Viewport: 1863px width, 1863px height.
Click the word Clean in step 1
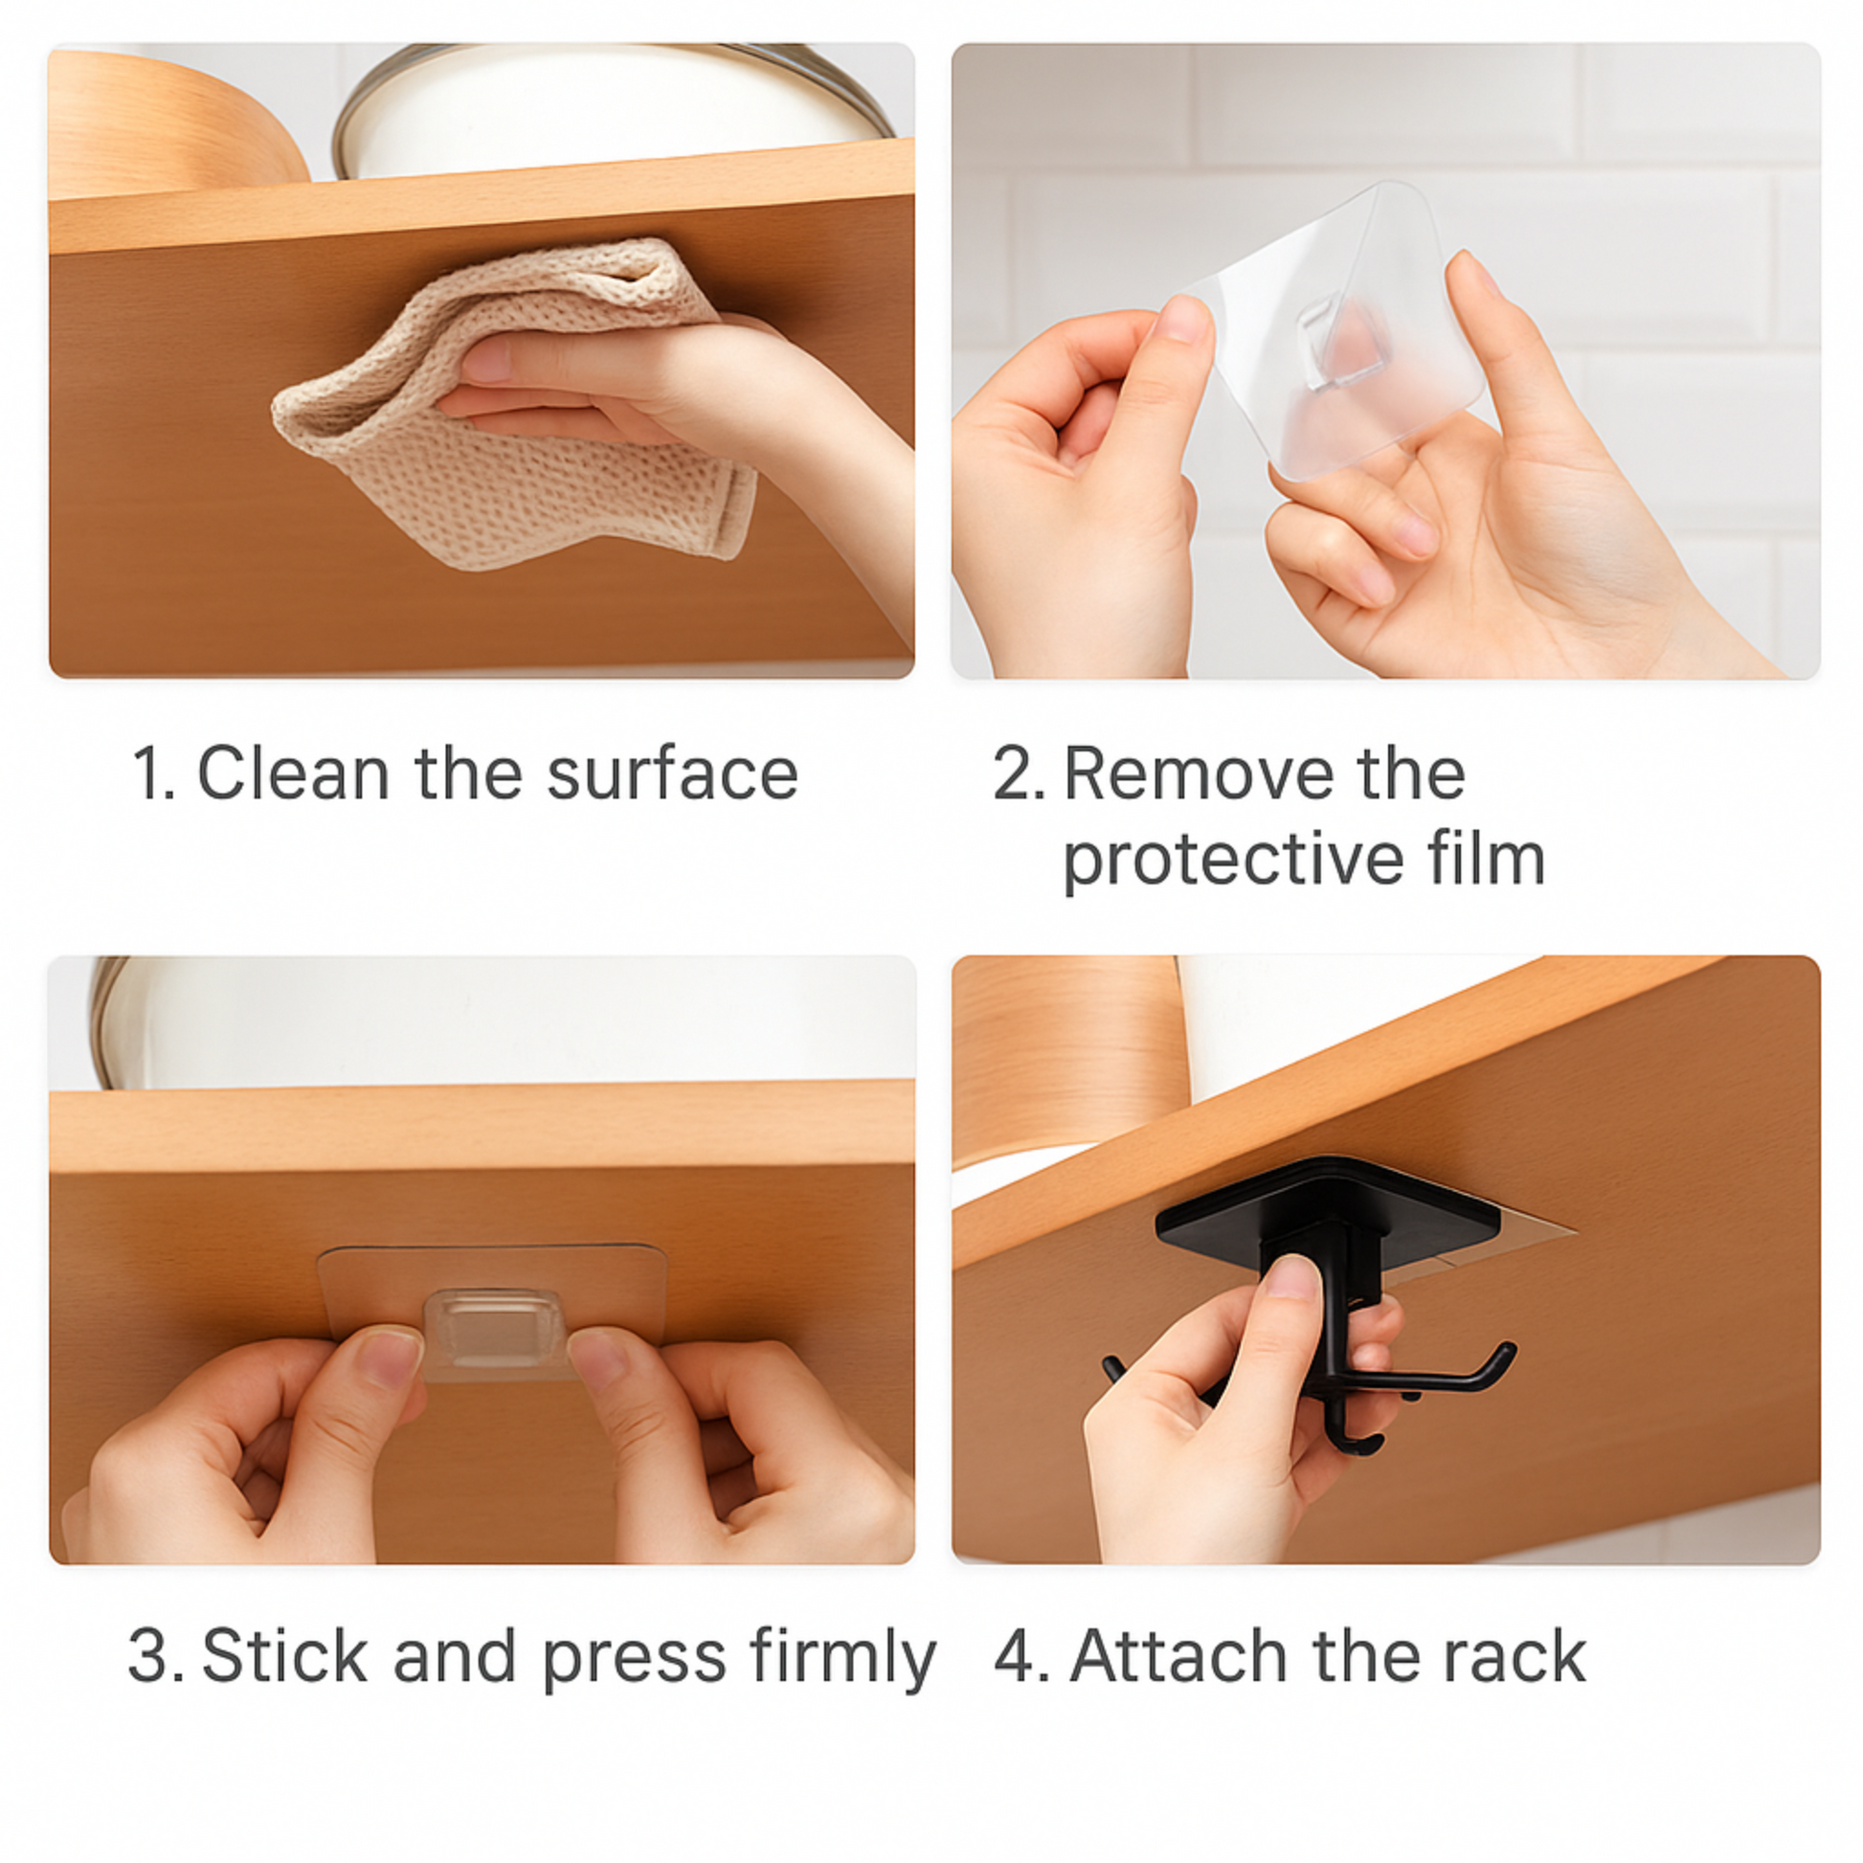(x=293, y=774)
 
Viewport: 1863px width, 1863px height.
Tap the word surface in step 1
(x=672, y=774)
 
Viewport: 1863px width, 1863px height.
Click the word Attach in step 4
(x=1179, y=1655)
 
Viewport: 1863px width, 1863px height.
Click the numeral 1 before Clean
(x=149, y=774)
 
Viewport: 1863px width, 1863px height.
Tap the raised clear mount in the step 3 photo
(x=493, y=1327)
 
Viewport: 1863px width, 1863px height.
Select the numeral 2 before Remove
(x=1015, y=774)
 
